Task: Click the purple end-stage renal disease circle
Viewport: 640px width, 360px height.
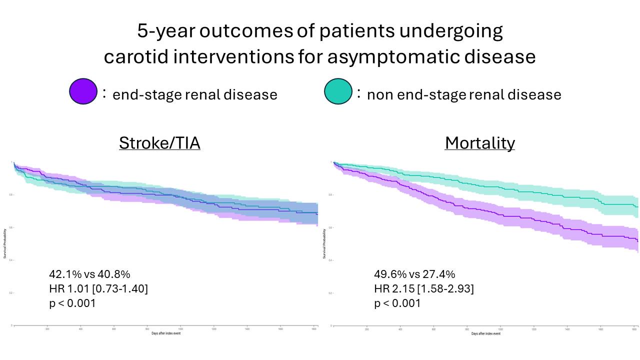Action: point(83,91)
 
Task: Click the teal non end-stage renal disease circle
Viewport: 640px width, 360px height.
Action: point(338,91)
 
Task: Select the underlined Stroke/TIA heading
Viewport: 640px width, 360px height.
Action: point(159,143)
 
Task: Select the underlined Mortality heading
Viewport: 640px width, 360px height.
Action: point(479,143)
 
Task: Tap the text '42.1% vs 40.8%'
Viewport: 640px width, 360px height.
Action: point(89,274)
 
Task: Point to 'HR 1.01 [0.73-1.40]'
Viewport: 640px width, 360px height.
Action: point(98,288)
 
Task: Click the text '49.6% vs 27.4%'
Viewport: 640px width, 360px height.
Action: point(414,274)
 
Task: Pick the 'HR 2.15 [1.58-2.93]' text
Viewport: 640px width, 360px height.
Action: point(424,288)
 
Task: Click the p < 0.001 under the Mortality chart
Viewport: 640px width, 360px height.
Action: point(397,303)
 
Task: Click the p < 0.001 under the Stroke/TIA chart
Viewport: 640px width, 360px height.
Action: point(72,303)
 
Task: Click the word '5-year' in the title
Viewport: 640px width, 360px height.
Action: point(165,31)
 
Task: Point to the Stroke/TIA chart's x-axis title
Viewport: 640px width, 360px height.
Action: point(166,333)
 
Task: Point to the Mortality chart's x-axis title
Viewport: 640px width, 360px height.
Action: point(485,333)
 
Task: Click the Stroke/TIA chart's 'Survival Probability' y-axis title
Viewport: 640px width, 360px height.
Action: point(5,244)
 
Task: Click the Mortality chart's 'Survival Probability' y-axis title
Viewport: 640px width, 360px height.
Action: point(324,244)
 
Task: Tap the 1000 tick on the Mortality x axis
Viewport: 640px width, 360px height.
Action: point(500,329)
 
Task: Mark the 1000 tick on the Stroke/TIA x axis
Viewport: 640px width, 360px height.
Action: point(180,329)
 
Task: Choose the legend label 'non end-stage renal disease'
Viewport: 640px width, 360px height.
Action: point(464,94)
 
